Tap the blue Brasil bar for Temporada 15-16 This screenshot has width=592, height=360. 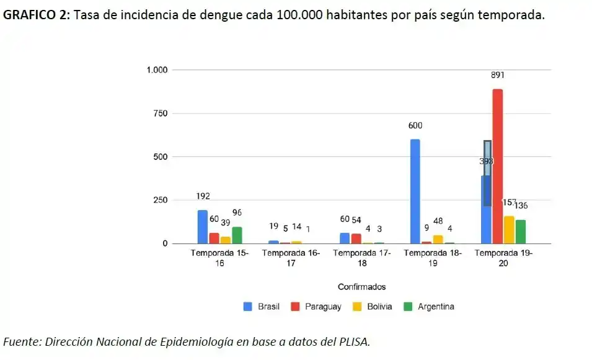click(x=203, y=227)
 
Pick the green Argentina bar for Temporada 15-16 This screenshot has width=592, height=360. click(x=237, y=235)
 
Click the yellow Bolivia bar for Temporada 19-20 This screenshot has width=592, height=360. click(x=509, y=230)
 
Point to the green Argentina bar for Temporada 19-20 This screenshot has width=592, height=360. click(x=520, y=232)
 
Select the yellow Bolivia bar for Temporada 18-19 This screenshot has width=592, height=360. click(x=438, y=239)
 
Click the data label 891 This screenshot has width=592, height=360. click(x=498, y=76)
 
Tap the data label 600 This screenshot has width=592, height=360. click(x=415, y=126)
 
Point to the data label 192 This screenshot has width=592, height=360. click(x=203, y=196)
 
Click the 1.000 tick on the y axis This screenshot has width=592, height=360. click(x=157, y=70)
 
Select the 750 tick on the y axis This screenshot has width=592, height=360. click(x=161, y=113)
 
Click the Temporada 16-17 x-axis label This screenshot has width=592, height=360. click(x=291, y=258)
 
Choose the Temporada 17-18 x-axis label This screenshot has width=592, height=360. click(x=361, y=258)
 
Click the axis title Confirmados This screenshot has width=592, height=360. click(x=361, y=287)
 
